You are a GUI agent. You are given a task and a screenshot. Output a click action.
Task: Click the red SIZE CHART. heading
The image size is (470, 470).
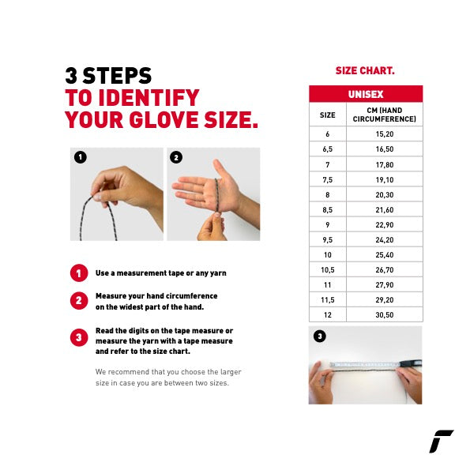[365, 71]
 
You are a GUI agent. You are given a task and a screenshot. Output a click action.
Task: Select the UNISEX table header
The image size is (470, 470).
[366, 94]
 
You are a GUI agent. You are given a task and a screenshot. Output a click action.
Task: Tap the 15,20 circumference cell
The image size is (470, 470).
[385, 134]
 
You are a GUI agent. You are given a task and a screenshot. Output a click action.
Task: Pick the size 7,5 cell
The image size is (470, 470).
[328, 180]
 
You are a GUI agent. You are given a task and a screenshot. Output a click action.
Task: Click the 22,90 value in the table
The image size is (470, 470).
[385, 225]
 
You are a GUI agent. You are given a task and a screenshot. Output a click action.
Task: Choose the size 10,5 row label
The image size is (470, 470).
[328, 270]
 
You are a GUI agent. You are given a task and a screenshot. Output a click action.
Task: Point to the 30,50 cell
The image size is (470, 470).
[385, 314]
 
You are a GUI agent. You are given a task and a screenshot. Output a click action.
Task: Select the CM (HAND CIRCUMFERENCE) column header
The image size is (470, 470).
[385, 115]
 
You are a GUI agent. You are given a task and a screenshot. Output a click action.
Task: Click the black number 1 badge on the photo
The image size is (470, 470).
[81, 157]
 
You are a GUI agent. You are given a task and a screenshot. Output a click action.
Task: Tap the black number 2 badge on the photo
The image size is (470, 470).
[176, 157]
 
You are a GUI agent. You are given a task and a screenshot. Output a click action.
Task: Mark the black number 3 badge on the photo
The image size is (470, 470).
[320, 336]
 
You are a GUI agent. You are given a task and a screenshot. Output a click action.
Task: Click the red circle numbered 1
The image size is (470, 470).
[79, 273]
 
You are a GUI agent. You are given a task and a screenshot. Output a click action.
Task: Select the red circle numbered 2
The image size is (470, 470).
[79, 301]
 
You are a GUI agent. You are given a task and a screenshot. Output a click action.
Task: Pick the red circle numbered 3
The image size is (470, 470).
[79, 337]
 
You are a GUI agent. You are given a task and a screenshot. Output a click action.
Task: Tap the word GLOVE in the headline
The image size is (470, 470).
[164, 119]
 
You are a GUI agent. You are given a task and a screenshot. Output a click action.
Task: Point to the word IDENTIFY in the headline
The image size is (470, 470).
[149, 98]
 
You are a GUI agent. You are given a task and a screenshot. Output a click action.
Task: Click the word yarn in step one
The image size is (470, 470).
[218, 273]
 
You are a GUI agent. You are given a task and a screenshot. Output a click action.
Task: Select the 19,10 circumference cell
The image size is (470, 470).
[385, 180]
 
